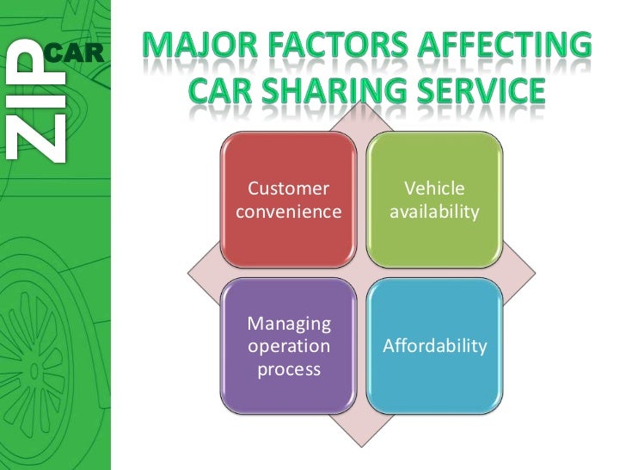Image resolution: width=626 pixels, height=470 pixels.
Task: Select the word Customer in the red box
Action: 288,189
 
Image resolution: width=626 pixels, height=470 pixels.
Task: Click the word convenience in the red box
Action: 288,211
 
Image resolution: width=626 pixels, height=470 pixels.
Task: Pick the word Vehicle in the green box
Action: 433,189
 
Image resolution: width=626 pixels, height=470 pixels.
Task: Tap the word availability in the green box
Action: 433,211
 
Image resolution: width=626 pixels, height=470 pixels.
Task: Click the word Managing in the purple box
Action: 289,324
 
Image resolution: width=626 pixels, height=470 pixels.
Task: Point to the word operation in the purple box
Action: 289,346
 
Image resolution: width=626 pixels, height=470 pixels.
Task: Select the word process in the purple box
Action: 289,369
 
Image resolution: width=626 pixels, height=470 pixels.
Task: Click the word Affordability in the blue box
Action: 435,346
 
